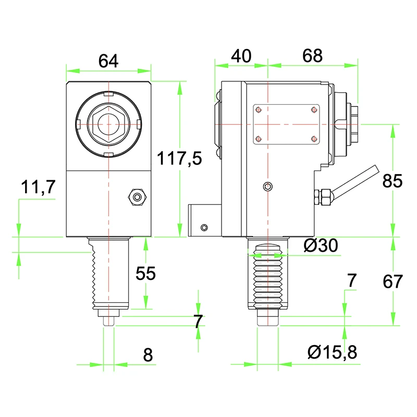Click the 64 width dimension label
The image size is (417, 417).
(108, 61)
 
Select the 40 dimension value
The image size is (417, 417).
(241, 56)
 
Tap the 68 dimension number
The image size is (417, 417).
(312, 56)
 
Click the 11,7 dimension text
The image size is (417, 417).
(38, 187)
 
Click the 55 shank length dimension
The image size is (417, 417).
(145, 273)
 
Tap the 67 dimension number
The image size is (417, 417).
(393, 281)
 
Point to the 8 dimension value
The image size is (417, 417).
(148, 355)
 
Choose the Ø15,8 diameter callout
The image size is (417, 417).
(332, 353)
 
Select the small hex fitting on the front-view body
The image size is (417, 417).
(138, 197)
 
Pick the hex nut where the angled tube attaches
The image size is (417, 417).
(324, 197)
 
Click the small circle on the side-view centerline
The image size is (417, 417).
(267, 187)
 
